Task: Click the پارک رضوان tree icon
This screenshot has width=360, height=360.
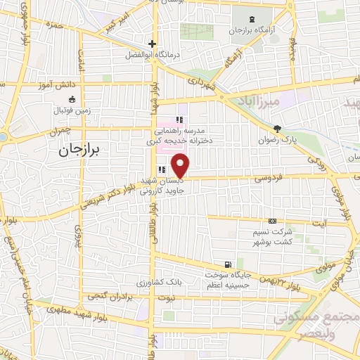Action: tap(278, 129)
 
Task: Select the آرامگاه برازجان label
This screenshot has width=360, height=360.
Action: tap(252, 31)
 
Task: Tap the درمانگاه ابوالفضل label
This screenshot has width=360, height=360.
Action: tap(152, 55)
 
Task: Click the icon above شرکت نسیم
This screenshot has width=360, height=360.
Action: tap(271, 221)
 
